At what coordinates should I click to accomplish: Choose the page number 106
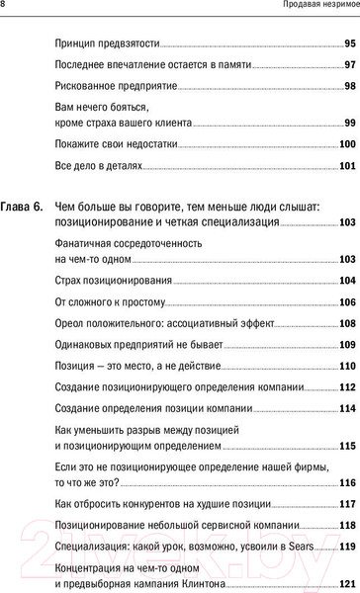coord(347,301)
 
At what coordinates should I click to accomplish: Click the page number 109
coord(347,345)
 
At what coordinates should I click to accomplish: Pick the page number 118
coord(347,526)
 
